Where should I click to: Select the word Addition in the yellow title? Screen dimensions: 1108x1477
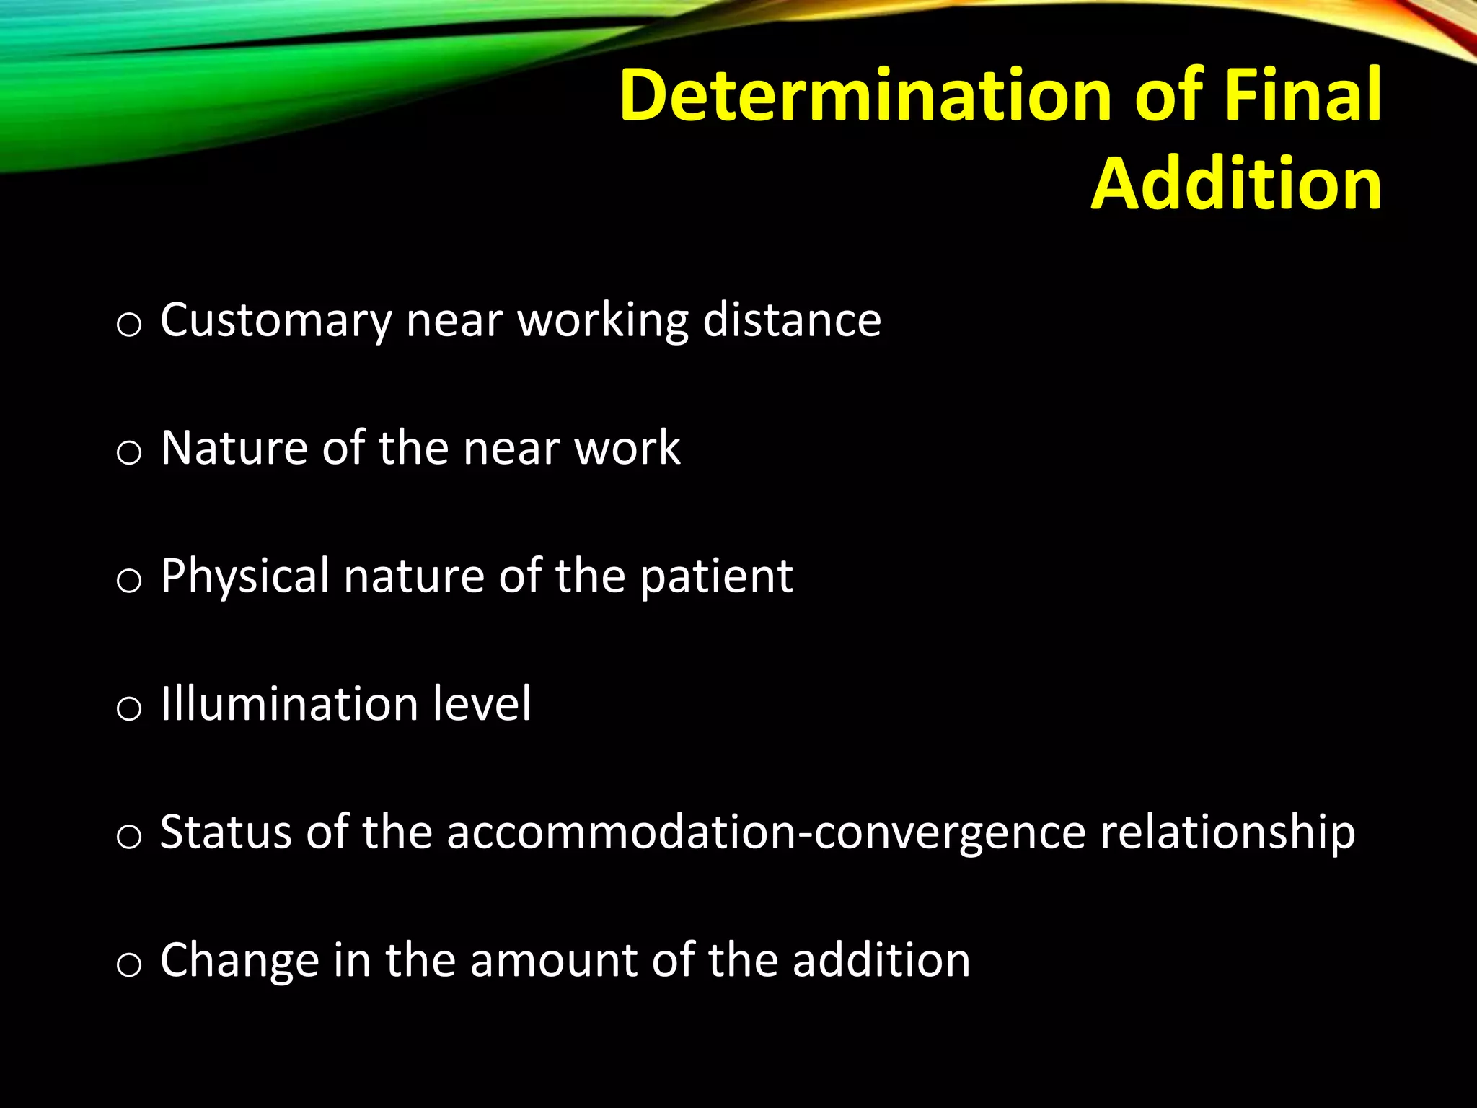pos(1236,183)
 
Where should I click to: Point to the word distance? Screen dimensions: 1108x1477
pos(792,320)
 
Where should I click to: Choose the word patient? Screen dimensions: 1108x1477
pos(716,577)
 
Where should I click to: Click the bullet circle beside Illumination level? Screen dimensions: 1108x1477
pos(128,709)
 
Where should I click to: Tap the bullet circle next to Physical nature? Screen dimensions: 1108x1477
pos(128,581)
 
